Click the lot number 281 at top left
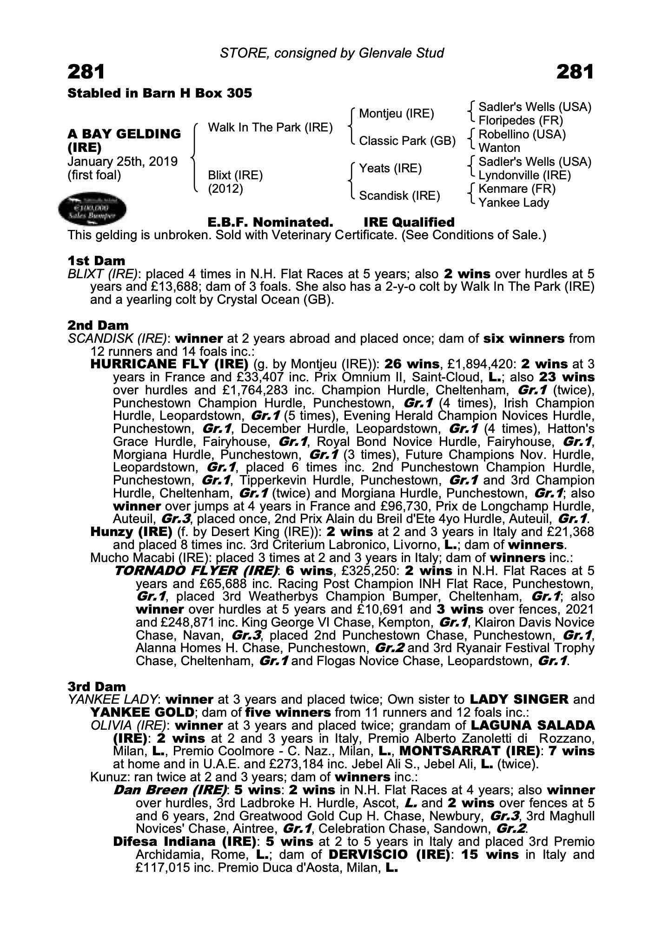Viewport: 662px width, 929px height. [x=86, y=72]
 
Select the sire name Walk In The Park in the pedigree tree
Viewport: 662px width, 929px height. [x=270, y=128]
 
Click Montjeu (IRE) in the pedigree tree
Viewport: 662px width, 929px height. [x=397, y=113]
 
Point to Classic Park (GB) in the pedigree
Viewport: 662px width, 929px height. [x=407, y=141]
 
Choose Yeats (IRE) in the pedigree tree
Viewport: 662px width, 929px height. [x=391, y=168]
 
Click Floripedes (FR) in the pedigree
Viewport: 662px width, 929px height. [x=521, y=121]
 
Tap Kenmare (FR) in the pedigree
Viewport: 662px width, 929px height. [x=517, y=189]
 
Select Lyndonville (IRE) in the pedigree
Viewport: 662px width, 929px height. [x=524, y=175]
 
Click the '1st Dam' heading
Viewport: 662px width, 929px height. [x=96, y=261]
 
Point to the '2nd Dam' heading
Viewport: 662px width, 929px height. [x=98, y=325]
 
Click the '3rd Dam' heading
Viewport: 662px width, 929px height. [x=97, y=687]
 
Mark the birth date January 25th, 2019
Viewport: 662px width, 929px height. [x=123, y=162]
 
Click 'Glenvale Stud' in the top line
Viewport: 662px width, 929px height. [x=401, y=53]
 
